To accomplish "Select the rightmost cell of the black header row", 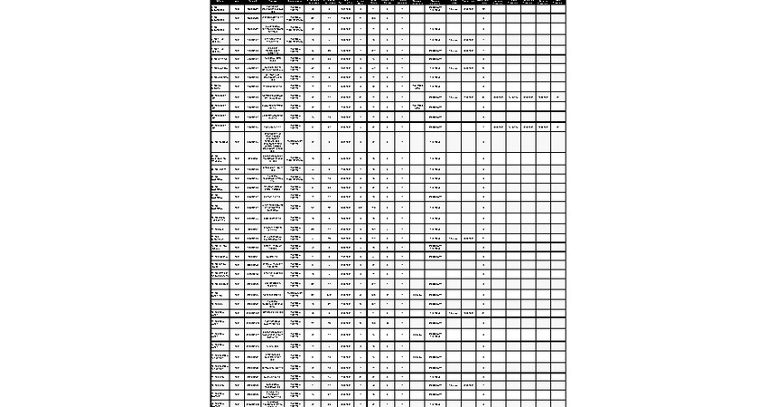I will (557, 2).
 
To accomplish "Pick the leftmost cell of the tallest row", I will (219, 142).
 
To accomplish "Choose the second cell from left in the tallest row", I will (237, 142).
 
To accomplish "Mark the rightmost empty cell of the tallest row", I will (557, 142).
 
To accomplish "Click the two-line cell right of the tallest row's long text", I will (295, 142).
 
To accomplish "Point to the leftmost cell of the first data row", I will (219, 9).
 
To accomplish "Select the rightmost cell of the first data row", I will (557, 9).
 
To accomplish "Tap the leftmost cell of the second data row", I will (219, 19).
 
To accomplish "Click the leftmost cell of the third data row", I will (219, 30).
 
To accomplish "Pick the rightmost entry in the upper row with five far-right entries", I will (557, 97).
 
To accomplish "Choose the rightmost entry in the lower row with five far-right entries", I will (557, 128).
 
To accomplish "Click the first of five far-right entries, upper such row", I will (498, 97).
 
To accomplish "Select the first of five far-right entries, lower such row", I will (498, 128).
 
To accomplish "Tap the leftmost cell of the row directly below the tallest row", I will (219, 158).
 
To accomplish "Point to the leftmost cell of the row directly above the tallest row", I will (219, 128).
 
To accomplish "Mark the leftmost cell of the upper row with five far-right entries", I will (219, 97).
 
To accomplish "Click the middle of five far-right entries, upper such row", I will (528, 97).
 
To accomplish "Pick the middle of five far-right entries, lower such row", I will (528, 128).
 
